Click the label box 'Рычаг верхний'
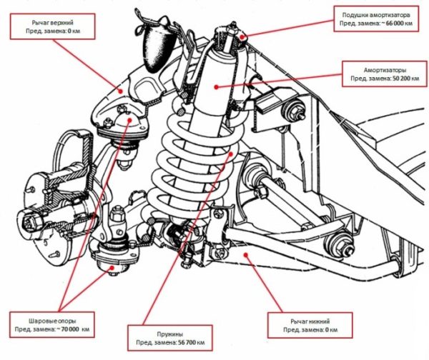[52, 26]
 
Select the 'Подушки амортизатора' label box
[376, 19]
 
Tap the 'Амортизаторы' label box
[385, 74]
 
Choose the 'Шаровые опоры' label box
[52, 325]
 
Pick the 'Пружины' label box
[170, 338]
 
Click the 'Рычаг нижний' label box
[310, 325]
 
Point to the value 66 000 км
[398, 24]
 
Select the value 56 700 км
[191, 342]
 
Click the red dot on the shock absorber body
[216, 87]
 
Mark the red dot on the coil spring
[231, 154]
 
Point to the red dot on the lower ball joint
[112, 267]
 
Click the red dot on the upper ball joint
[129, 120]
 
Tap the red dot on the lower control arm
[246, 254]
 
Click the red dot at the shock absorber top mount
[242, 36]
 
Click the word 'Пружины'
[170, 334]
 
